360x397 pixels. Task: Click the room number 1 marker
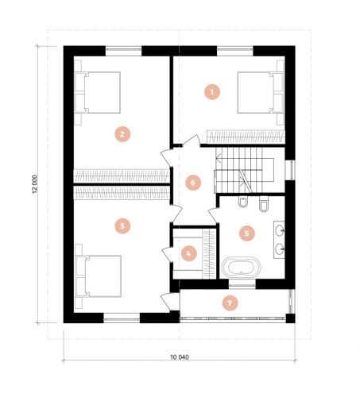pos(212,92)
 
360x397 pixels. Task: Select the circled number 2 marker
pos(122,134)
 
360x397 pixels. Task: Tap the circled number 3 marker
pos(122,225)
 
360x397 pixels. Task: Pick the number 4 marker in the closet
pos(189,253)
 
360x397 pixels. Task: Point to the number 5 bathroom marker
pos(246,233)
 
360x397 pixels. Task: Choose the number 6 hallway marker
pos(193,183)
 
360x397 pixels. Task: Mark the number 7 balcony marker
pos(230,303)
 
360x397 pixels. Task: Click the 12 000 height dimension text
pos(35,184)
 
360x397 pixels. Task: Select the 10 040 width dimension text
pos(180,357)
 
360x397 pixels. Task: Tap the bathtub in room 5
pos(241,267)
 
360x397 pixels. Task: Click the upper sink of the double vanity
pos(280,230)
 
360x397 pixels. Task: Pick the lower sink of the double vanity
pos(280,249)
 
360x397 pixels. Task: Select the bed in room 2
pos(98,92)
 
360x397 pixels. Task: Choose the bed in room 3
pos(99,276)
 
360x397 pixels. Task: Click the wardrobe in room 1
pos(246,137)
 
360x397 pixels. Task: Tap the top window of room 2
pos(123,51)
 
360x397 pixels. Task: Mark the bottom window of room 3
pos(122,318)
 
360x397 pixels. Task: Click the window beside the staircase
pos(290,170)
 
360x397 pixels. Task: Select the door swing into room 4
pos(168,254)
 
